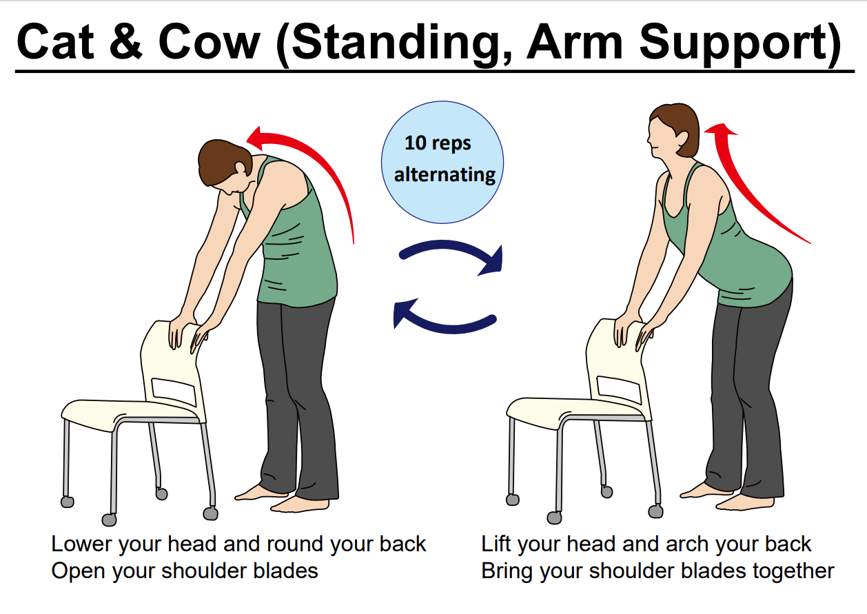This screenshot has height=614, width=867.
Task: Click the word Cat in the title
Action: pos(56,41)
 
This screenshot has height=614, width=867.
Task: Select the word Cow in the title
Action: pos(209,41)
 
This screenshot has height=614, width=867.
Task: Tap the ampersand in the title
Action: pos(126,41)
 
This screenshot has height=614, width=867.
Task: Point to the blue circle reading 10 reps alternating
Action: pos(442,162)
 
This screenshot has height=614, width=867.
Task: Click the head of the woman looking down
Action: pos(225,165)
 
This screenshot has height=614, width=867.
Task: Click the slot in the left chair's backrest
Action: pos(174,391)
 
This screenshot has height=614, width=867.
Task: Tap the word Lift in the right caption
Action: pos(497,544)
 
